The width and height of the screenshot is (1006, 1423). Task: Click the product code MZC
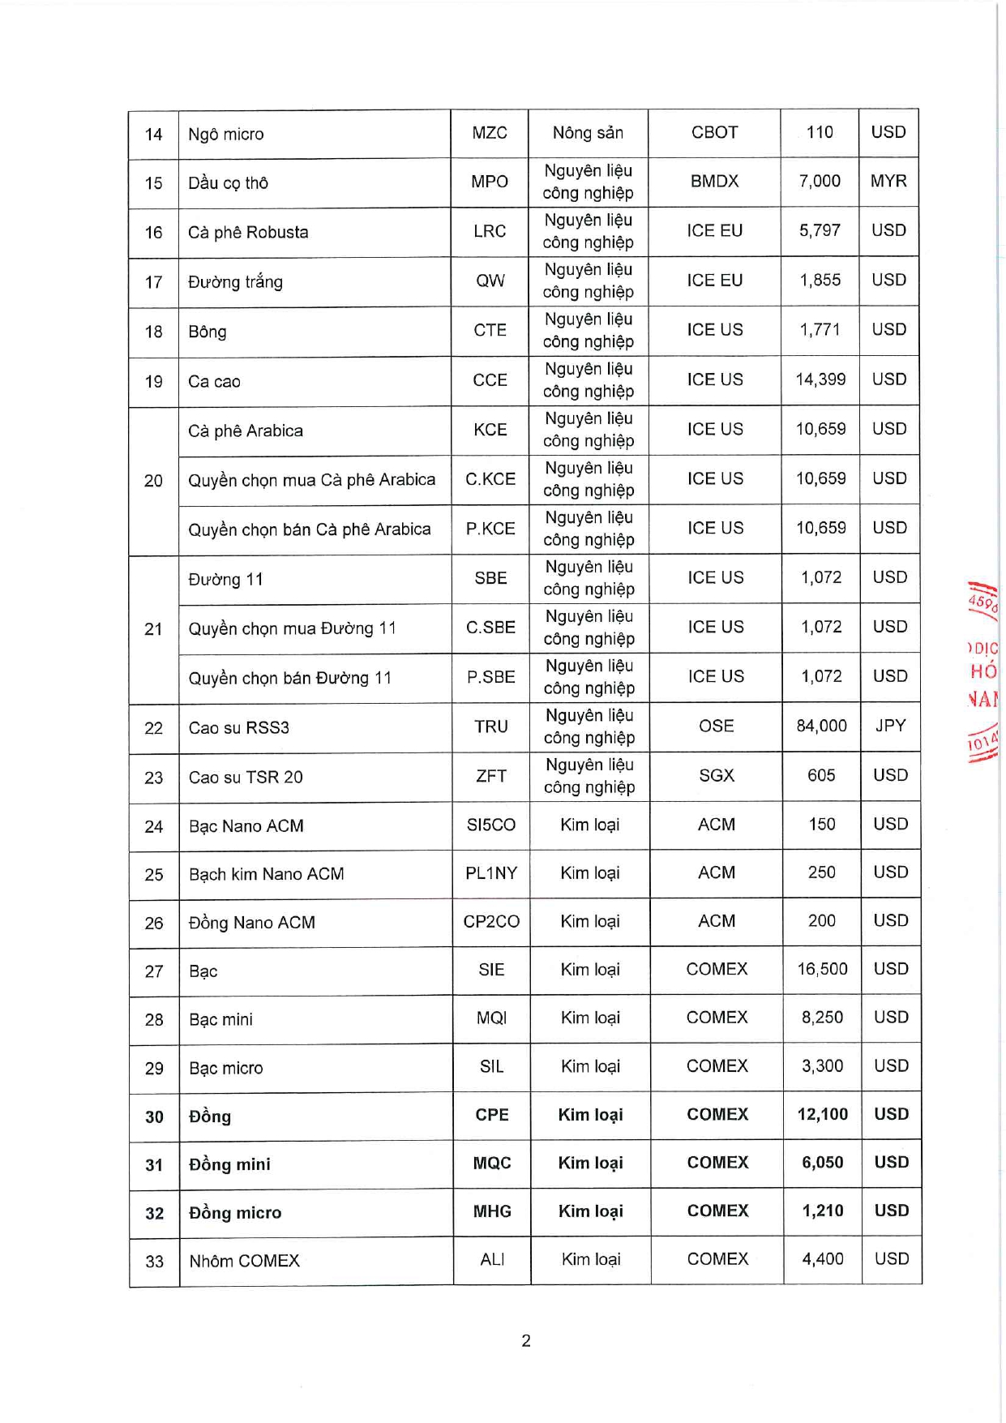point(490,133)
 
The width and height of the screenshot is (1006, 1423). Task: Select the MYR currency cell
point(888,182)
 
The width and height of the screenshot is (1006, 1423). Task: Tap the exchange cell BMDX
point(714,182)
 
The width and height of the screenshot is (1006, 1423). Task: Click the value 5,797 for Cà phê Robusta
point(820,231)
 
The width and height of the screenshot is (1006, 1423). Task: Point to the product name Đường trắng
point(235,282)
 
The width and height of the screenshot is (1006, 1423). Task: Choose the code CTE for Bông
point(490,331)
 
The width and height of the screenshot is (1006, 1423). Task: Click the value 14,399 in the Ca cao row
point(820,379)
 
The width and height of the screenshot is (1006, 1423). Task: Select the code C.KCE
point(490,479)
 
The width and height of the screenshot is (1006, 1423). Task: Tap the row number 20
point(153,481)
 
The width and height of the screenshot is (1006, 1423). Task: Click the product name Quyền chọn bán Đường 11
point(290,678)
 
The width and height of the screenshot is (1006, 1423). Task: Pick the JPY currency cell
point(890,726)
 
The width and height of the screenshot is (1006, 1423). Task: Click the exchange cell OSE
point(716,726)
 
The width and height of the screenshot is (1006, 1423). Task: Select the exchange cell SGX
point(716,775)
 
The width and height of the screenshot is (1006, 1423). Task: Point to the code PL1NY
point(491,873)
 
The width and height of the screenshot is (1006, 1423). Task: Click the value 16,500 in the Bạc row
point(822,969)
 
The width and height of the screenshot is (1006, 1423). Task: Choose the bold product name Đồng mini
point(229,1164)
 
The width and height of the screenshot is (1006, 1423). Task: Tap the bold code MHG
point(492,1211)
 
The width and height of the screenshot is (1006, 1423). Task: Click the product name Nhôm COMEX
point(244,1261)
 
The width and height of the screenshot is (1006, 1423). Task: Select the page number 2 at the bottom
point(526,1340)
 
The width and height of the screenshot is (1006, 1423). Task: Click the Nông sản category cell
point(588,133)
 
